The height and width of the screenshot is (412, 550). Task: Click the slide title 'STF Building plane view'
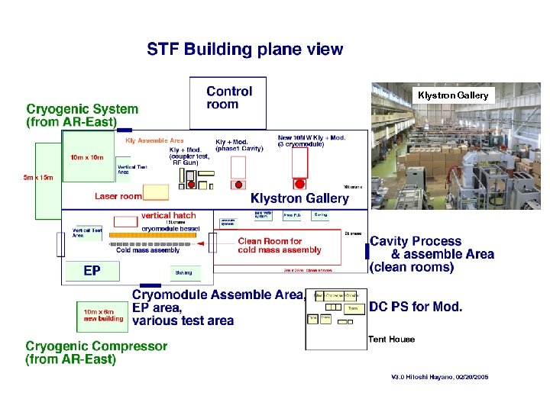coord(245,50)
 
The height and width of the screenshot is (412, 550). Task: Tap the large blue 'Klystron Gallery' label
coord(299,198)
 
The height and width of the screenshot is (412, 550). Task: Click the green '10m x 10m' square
coord(87,159)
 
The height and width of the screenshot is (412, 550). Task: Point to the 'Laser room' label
coord(118,196)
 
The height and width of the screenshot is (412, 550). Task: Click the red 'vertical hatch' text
coord(168,216)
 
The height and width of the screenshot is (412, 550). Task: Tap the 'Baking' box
coord(183,272)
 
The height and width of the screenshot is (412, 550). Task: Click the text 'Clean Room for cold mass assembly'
coord(280,245)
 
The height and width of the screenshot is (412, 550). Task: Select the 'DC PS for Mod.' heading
coord(416,307)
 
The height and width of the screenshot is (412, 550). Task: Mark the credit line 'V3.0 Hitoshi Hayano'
coord(439,377)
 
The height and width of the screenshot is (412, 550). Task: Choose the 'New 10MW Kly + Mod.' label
coord(311,137)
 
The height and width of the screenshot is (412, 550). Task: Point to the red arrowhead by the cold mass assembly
coord(201,245)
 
